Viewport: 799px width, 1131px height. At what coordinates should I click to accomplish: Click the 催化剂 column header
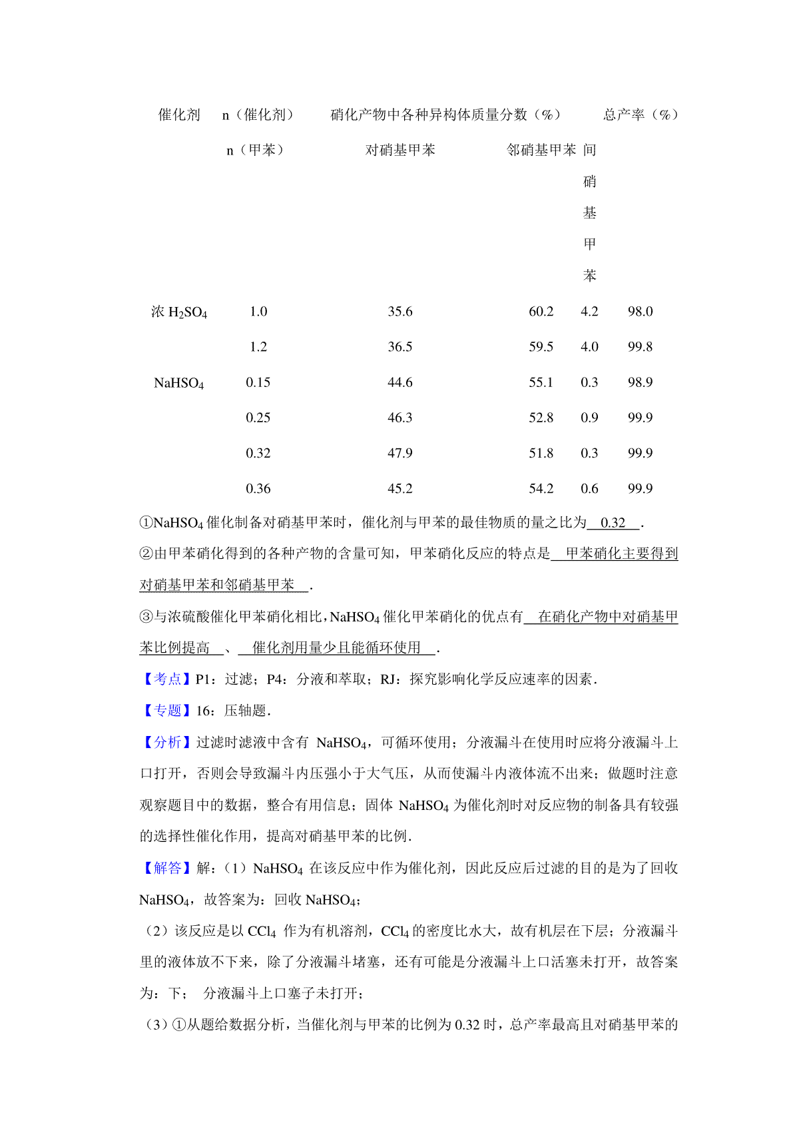pyautogui.click(x=179, y=115)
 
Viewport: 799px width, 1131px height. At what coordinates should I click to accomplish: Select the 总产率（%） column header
pyautogui.click(x=641, y=115)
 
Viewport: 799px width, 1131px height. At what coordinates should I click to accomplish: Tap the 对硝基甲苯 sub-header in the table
pyautogui.click(x=400, y=150)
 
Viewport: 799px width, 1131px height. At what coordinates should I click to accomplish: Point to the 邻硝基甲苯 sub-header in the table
pyautogui.click(x=541, y=150)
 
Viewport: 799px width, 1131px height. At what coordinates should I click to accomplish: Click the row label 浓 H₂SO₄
pyautogui.click(x=179, y=312)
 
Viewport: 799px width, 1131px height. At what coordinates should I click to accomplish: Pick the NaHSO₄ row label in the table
pyautogui.click(x=179, y=383)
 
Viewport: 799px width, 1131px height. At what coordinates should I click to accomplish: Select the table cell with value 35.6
pyautogui.click(x=400, y=312)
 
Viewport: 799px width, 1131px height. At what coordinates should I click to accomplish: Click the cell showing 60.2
pyautogui.click(x=541, y=312)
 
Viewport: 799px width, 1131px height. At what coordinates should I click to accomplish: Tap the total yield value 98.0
pyautogui.click(x=640, y=312)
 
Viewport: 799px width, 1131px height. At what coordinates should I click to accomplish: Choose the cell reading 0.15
pyautogui.click(x=258, y=382)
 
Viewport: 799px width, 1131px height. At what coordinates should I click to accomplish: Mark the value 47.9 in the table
pyautogui.click(x=400, y=453)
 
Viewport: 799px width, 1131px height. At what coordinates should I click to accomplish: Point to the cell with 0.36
pyautogui.click(x=258, y=489)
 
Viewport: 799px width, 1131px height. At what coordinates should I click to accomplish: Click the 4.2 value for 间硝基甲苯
pyautogui.click(x=589, y=312)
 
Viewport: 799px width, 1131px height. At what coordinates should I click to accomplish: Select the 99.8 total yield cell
pyautogui.click(x=640, y=347)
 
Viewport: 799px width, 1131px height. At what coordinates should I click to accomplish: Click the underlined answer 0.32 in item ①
pyautogui.click(x=613, y=523)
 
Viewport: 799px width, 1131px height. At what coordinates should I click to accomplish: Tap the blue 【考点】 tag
pyautogui.click(x=167, y=679)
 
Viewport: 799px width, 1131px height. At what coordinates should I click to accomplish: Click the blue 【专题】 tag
pyautogui.click(x=167, y=711)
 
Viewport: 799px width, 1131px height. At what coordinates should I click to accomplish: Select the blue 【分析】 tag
pyautogui.click(x=167, y=742)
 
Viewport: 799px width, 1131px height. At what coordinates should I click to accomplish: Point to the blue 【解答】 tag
pyautogui.click(x=167, y=868)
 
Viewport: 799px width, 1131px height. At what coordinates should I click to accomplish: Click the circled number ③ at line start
pyautogui.click(x=146, y=617)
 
